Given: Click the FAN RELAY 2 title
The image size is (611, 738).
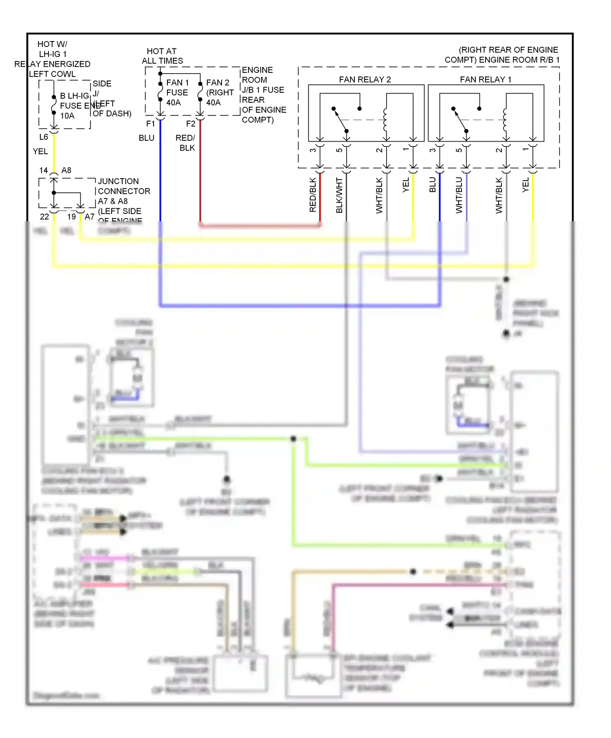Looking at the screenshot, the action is [365, 79].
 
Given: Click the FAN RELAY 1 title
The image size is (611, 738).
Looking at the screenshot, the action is [486, 79].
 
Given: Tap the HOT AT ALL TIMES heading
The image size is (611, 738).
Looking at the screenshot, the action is [162, 56].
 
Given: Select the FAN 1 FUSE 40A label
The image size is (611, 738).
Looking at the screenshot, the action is [177, 92].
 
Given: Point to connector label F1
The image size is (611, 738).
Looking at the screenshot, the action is [150, 124].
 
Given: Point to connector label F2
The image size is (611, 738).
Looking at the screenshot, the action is [191, 124].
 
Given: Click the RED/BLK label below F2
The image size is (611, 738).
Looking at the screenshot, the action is [186, 143].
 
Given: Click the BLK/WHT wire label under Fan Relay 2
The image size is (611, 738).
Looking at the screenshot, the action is [339, 195].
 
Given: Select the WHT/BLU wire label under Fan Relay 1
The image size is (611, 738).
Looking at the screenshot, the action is [459, 195].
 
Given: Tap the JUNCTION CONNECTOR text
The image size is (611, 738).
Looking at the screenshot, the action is [124, 186].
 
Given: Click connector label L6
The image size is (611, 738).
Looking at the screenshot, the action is [44, 137].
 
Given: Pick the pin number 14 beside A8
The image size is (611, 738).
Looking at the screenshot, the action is [44, 170].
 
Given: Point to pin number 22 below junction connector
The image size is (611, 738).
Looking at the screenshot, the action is [44, 217].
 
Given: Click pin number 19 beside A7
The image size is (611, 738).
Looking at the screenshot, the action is [72, 217].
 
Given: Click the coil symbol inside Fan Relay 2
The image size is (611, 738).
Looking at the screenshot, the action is [385, 120].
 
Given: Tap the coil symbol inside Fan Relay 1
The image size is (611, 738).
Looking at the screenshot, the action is [505, 120].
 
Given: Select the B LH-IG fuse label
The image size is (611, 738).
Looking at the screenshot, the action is [74, 96].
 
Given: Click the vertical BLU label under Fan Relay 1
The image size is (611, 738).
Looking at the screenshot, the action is [433, 185].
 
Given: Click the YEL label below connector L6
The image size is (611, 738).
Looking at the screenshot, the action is [40, 151].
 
